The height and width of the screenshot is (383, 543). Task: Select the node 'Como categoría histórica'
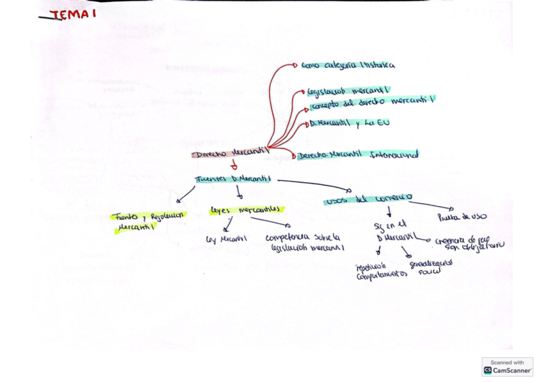[348, 65]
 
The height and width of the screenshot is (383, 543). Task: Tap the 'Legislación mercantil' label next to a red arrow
[349, 90]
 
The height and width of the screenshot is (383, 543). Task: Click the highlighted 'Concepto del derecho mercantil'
[373, 102]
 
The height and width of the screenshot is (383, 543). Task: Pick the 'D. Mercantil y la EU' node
[349, 123]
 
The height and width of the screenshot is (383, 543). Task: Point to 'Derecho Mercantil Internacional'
[358, 155]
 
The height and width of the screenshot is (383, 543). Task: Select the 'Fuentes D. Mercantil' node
[233, 179]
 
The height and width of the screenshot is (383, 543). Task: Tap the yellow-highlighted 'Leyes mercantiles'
[246, 210]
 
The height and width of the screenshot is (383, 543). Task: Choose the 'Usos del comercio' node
[369, 199]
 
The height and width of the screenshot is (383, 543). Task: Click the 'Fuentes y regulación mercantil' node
[148, 220]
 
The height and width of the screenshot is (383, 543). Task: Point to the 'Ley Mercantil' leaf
[226, 239]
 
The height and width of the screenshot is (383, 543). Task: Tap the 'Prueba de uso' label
[462, 217]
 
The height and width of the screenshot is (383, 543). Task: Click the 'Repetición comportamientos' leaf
[382, 271]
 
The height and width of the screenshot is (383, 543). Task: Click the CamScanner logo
[507, 366]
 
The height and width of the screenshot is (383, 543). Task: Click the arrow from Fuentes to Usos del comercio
[314, 185]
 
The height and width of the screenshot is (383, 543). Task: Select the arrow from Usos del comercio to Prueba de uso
[430, 206]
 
